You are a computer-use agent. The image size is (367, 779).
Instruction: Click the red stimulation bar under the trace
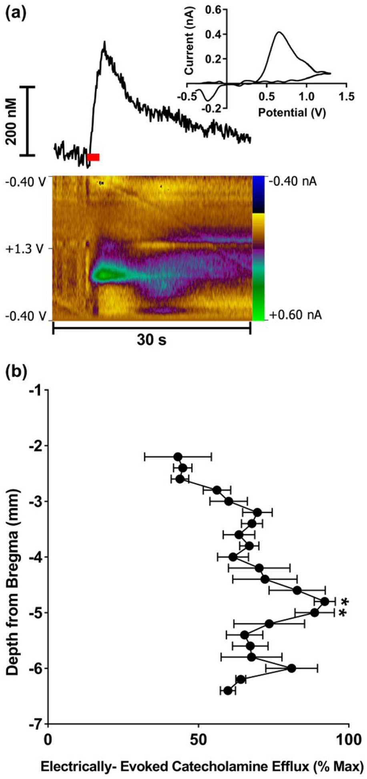(x=93, y=157)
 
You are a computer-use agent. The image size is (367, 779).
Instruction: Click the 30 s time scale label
(x=151, y=340)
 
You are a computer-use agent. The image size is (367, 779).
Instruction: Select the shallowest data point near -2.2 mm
(x=178, y=457)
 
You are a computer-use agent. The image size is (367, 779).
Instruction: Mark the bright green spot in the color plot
(x=104, y=274)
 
